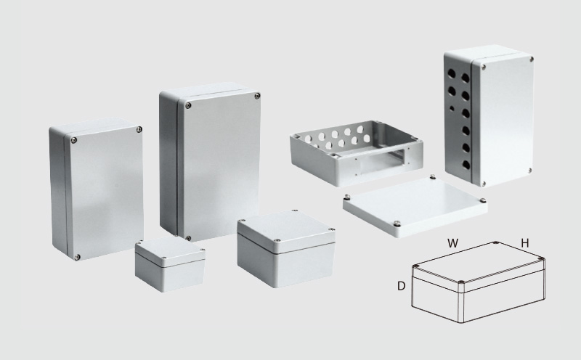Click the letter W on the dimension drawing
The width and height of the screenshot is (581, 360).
pyautogui.click(x=452, y=243)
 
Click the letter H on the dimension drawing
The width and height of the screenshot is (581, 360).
pyautogui.click(x=524, y=243)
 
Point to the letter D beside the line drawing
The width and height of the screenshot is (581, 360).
pyautogui.click(x=401, y=286)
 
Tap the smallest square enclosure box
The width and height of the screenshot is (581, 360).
pyautogui.click(x=170, y=264)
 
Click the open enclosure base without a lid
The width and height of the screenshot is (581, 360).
pyautogui.click(x=357, y=152)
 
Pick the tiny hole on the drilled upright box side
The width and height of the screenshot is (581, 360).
pyautogui.click(x=452, y=108)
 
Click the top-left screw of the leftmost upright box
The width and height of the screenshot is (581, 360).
pyautogui.click(x=74, y=140)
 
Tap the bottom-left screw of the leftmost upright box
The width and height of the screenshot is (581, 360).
pyautogui.click(x=77, y=257)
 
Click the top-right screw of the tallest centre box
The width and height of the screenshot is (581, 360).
pyautogui.click(x=257, y=97)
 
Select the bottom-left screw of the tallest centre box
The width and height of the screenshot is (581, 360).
pyautogui.click(x=188, y=238)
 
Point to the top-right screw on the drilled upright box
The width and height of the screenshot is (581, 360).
pyautogui.click(x=532, y=59)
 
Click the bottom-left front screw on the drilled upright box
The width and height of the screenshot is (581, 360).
pyautogui.click(x=483, y=184)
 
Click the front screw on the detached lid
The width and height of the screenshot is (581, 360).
pyautogui.click(x=397, y=224)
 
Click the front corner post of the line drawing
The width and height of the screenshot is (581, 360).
pyautogui.click(x=461, y=302)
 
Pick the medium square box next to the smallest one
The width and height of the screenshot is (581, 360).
pyautogui.click(x=286, y=248)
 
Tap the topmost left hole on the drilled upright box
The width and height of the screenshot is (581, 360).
pyautogui.click(x=451, y=73)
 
